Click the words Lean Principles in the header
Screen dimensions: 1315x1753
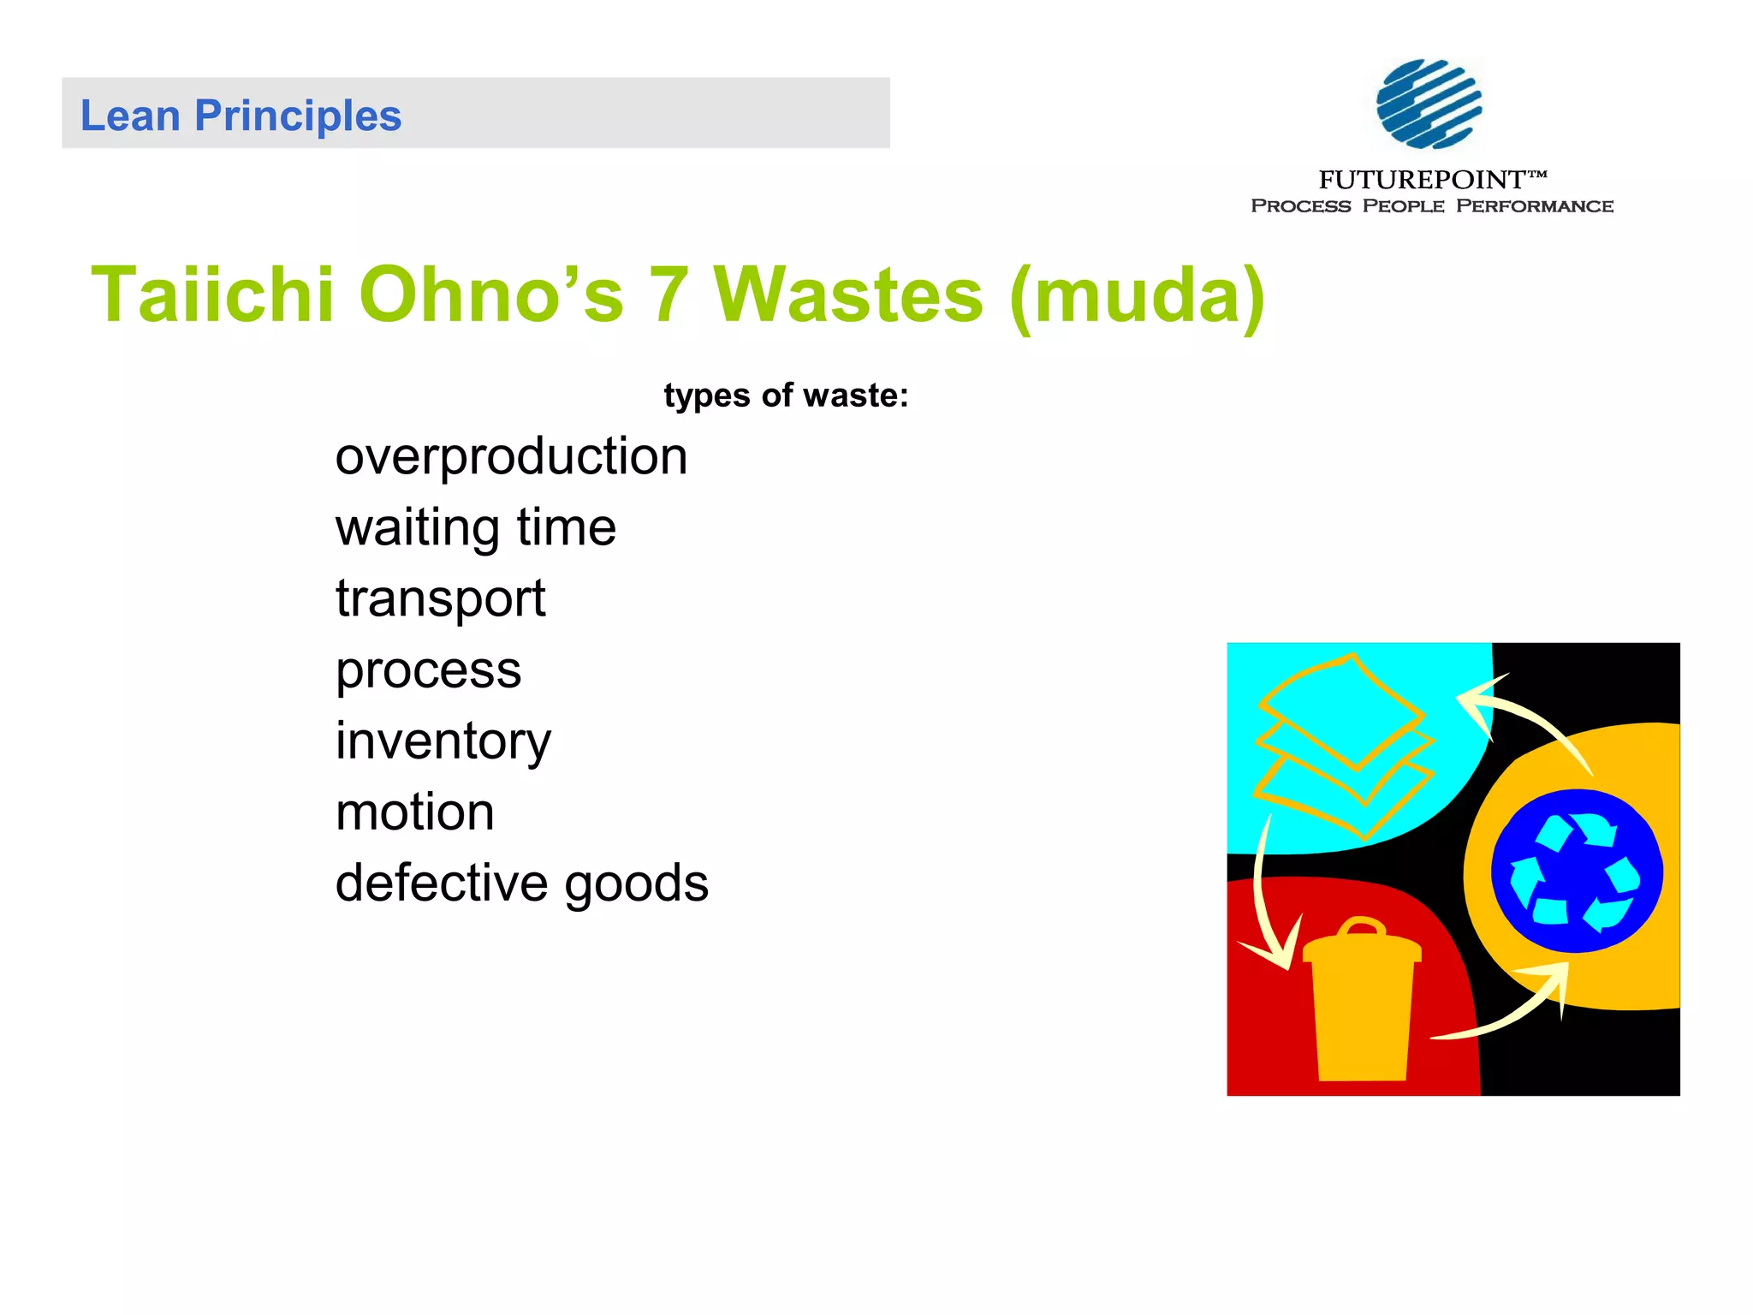coord(241,116)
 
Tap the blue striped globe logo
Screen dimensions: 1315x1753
coord(1429,104)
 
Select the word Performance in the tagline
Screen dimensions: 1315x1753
coord(1534,206)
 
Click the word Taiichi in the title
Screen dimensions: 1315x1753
coord(212,295)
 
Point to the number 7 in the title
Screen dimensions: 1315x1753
coord(668,295)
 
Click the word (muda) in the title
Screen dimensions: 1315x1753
coord(1137,296)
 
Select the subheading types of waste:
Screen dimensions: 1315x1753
coord(786,396)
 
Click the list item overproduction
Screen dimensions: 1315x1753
coord(511,456)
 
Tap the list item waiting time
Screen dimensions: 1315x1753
coord(475,527)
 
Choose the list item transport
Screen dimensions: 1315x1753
coord(440,598)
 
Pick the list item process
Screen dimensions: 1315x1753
coord(428,669)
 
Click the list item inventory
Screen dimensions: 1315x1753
coord(443,741)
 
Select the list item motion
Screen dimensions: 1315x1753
coord(415,812)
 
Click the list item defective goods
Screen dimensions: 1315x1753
coord(521,883)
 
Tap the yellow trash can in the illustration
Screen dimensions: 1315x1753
coord(1362,1010)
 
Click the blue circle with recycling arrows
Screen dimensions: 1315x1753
coord(1577,871)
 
